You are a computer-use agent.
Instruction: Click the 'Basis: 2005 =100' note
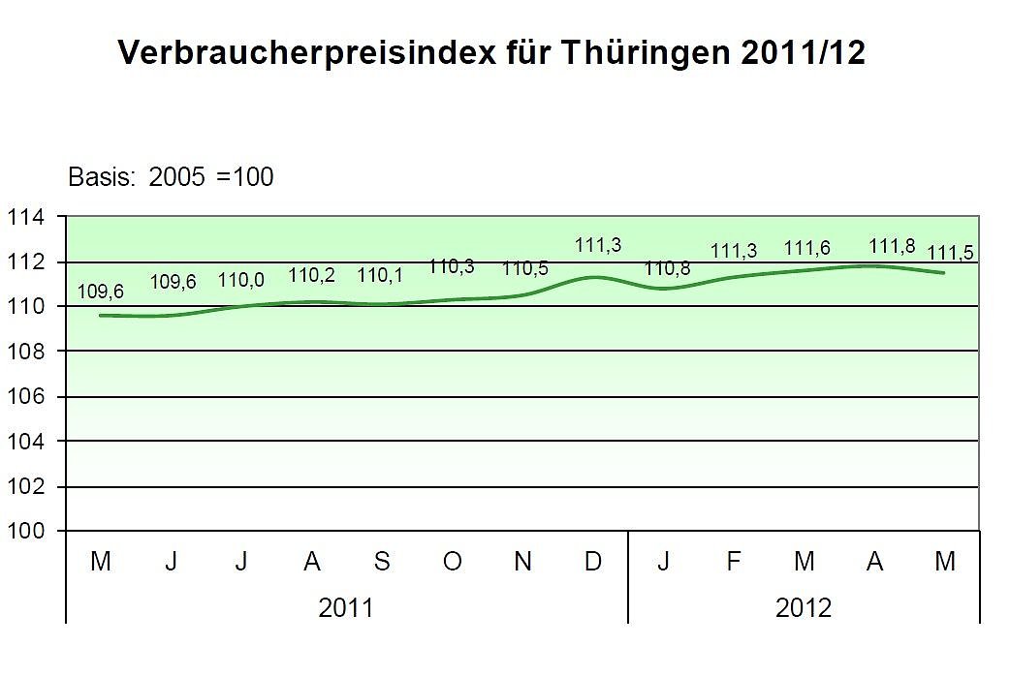click(x=171, y=177)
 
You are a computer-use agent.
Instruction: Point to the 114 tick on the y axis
click(x=26, y=218)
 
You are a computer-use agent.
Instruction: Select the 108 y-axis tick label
click(x=26, y=352)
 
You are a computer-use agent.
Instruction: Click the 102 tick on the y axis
click(x=26, y=486)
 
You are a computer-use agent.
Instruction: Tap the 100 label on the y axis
click(x=26, y=531)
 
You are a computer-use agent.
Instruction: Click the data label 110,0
click(x=241, y=279)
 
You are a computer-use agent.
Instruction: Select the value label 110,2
click(x=311, y=275)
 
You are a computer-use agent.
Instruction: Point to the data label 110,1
click(x=381, y=275)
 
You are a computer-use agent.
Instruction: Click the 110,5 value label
click(x=524, y=268)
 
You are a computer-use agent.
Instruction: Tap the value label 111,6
click(x=806, y=249)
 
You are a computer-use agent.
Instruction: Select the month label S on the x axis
click(x=382, y=562)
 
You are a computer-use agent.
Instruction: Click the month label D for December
click(x=593, y=562)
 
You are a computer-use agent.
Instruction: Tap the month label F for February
click(x=734, y=562)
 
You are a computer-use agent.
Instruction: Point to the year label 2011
click(x=346, y=607)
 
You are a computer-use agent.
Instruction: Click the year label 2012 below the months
click(x=804, y=607)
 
